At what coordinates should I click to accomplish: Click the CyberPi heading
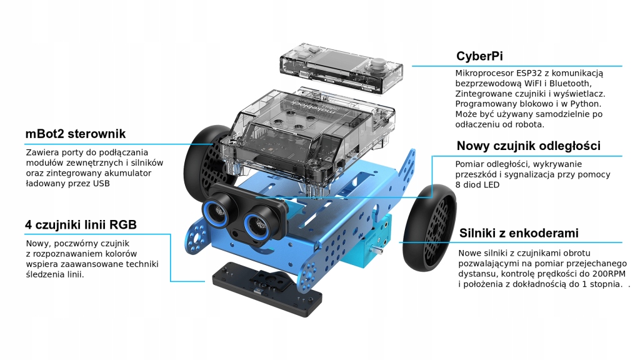click(479, 56)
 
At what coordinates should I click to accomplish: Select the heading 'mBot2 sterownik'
click(76, 134)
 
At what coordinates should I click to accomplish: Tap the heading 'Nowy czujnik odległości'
click(528, 146)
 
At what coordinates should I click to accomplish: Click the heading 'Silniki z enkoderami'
click(518, 233)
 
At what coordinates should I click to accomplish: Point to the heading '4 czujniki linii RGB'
click(81, 225)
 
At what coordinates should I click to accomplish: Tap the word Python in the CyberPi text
click(587, 104)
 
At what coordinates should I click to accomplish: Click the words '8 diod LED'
click(477, 185)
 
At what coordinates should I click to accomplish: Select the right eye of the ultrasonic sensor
click(259, 221)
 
